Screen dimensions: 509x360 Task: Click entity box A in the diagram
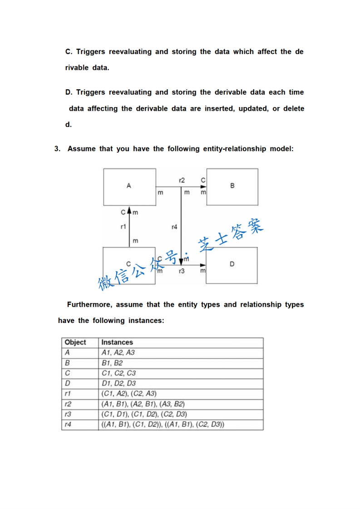129,186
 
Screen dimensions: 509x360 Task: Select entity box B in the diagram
232,186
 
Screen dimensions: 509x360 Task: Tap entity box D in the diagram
232,265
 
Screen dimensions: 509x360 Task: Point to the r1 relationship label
123,226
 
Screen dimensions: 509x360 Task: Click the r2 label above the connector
182,181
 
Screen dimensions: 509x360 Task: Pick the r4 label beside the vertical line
174,227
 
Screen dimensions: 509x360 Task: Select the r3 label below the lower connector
182,271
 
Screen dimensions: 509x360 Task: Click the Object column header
75,343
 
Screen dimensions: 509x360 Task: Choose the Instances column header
117,343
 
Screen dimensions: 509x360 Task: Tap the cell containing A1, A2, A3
118,353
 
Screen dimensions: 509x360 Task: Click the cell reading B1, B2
112,363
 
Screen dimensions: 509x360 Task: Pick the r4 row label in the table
68,425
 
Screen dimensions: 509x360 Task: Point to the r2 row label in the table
68,404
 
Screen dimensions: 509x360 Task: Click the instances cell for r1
129,394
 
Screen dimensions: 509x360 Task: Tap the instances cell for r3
144,414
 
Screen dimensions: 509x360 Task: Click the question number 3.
57,149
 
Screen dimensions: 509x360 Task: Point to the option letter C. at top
69,52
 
